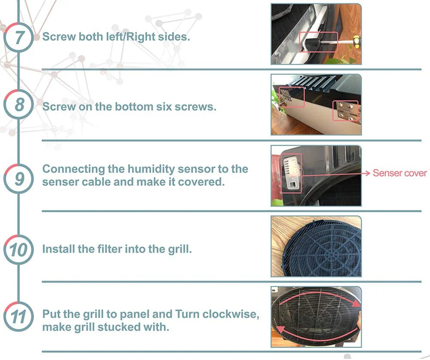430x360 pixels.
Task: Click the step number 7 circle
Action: tap(18, 37)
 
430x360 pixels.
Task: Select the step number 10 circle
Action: tap(18, 249)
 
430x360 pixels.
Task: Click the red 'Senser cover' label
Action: tap(399, 173)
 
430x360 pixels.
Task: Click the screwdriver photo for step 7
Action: tap(316, 34)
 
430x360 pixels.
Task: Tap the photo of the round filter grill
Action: tap(316, 246)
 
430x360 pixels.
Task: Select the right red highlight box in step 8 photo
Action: tap(346, 111)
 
